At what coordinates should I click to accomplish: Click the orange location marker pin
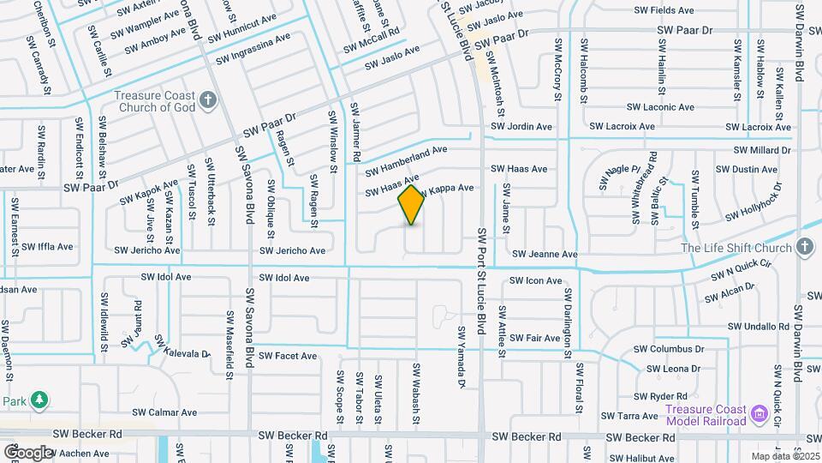tap(411, 205)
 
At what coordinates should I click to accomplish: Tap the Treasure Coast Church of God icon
tap(207, 102)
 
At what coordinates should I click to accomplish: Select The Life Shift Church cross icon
tap(803, 248)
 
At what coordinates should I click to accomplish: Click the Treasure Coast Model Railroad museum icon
tap(758, 415)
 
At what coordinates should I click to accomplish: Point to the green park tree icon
tap(39, 400)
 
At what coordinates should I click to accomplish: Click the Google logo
tap(28, 452)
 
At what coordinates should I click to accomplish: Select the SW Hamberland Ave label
tap(402, 153)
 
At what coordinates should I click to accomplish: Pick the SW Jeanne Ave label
tap(545, 255)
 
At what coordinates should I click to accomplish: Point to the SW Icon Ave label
tap(535, 280)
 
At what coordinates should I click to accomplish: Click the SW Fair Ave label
tap(531, 338)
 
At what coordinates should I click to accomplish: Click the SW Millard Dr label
tap(761, 150)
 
